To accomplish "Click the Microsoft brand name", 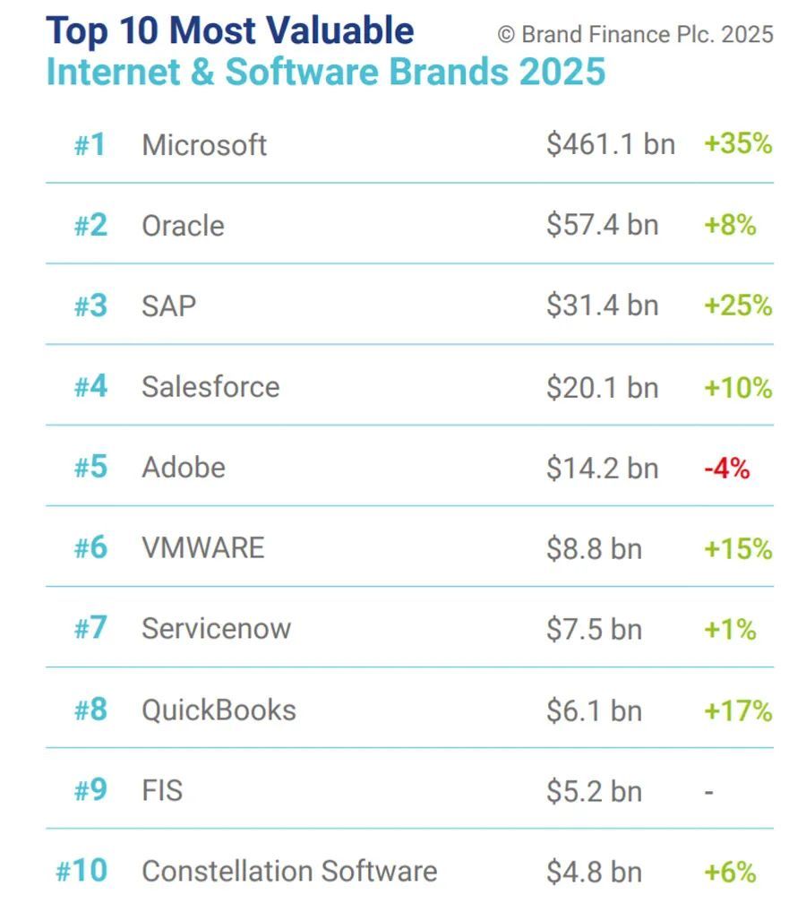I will pos(204,145).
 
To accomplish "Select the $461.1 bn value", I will pos(611,144).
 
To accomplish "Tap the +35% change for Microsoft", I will pos(738,144).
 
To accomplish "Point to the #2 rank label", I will pos(90,225).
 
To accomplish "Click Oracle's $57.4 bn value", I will pos(603,225).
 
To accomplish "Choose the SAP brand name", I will pos(168,305).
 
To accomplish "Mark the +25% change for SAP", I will pos(738,305).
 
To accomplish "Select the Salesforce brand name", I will pos(210,387).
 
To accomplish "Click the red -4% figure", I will pos(726,468).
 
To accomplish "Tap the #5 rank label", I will pos(90,468).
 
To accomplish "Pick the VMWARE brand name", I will pos(203,547).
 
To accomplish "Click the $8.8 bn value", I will pos(595,548).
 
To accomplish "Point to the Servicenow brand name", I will pos(216,628).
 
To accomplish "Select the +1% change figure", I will pos(730,629).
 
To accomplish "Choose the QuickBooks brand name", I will pos(219,710).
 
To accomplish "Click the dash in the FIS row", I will pos(708,791).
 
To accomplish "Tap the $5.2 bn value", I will pos(595,791).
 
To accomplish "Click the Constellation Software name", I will pos(289,871).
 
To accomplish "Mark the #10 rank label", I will pos(81,871).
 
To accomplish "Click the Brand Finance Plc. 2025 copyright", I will pos(636,35).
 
